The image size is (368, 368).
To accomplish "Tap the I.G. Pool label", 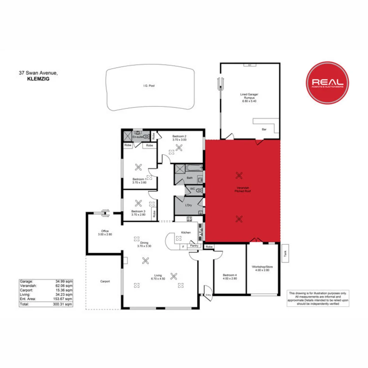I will pos(149,86).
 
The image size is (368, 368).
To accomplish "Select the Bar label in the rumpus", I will pos(263,129).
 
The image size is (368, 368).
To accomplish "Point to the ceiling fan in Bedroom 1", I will pos(139,167).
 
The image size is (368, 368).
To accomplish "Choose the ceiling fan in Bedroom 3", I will pos(139,203).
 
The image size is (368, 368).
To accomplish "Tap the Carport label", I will pos(105,281).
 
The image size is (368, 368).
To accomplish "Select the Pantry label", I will pos(194,245).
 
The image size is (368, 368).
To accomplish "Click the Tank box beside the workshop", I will pos(285,254).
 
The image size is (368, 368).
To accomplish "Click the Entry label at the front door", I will pos(209,295).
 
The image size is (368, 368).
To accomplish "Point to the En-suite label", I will pos(138,137).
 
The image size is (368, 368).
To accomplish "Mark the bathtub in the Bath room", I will pos(190,168).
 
